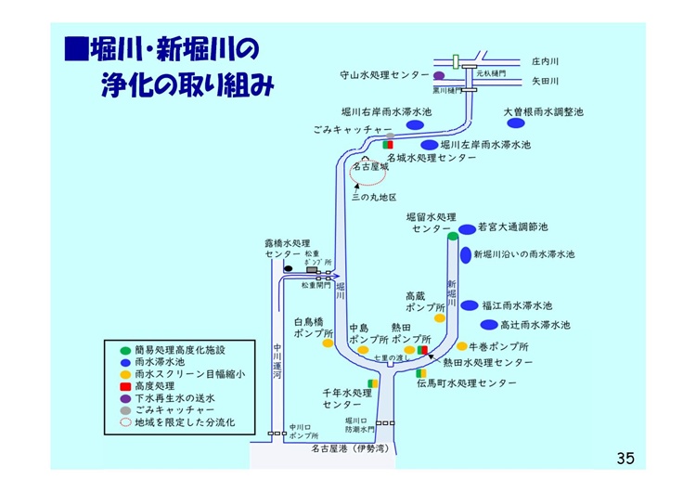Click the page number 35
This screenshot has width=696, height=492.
tap(625, 458)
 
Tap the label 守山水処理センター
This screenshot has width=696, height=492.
tap(383, 74)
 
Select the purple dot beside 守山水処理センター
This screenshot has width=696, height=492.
tap(439, 75)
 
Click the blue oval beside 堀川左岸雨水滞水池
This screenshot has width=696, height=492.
tap(429, 145)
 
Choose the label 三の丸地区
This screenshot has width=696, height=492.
tap(374, 198)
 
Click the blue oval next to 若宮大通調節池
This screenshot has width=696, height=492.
tap(466, 227)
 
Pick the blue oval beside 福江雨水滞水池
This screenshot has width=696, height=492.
tap(470, 304)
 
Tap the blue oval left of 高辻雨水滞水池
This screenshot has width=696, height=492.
tap(488, 325)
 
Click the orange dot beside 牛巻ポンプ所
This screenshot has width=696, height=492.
tap(461, 346)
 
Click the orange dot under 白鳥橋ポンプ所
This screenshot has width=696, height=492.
tap(328, 343)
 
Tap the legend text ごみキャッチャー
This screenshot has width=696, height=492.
tap(174, 408)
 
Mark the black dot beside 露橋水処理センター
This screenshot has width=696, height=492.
tap(288, 268)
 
